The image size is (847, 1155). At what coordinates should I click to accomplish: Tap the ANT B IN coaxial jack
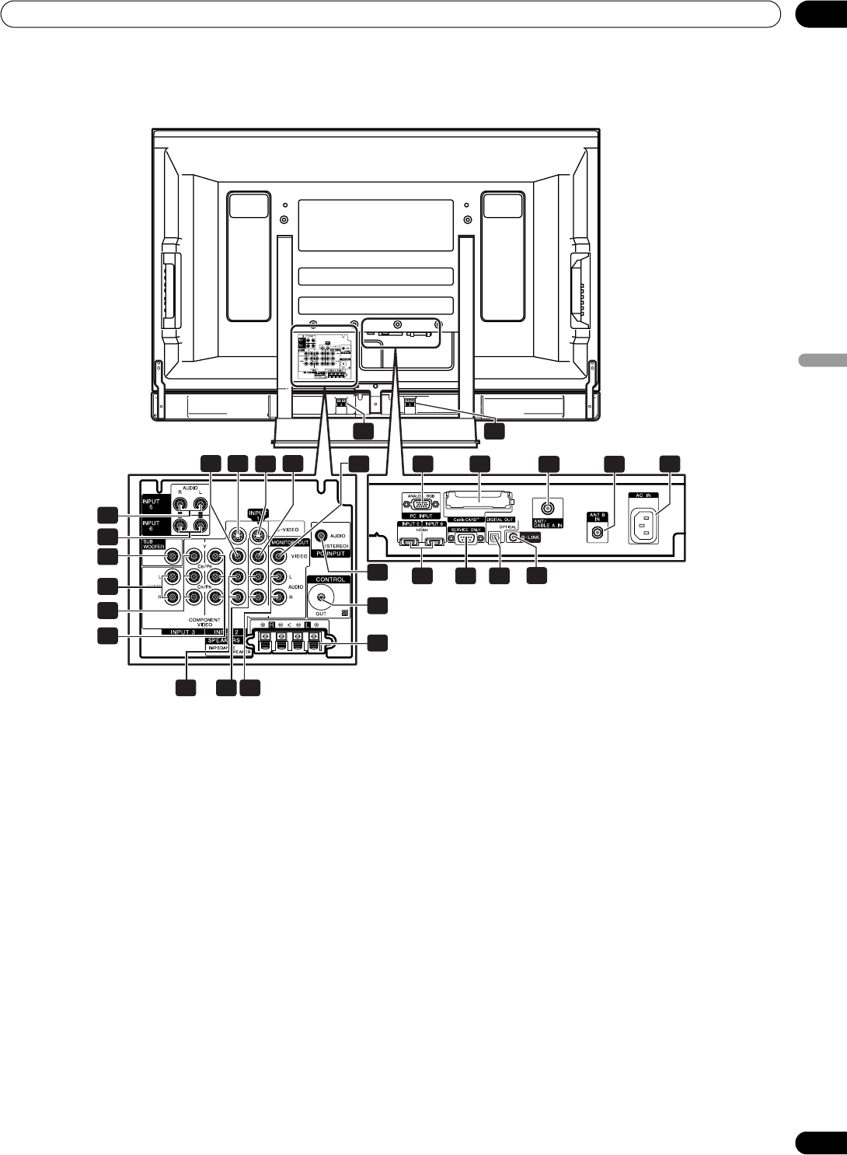[597, 534]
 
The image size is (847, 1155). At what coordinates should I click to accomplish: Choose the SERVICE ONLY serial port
[464, 538]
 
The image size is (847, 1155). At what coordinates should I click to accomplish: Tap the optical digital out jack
[495, 536]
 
